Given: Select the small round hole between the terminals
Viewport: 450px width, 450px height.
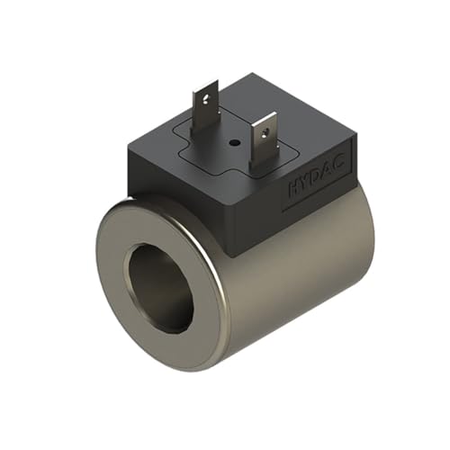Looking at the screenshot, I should pos(232,141).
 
